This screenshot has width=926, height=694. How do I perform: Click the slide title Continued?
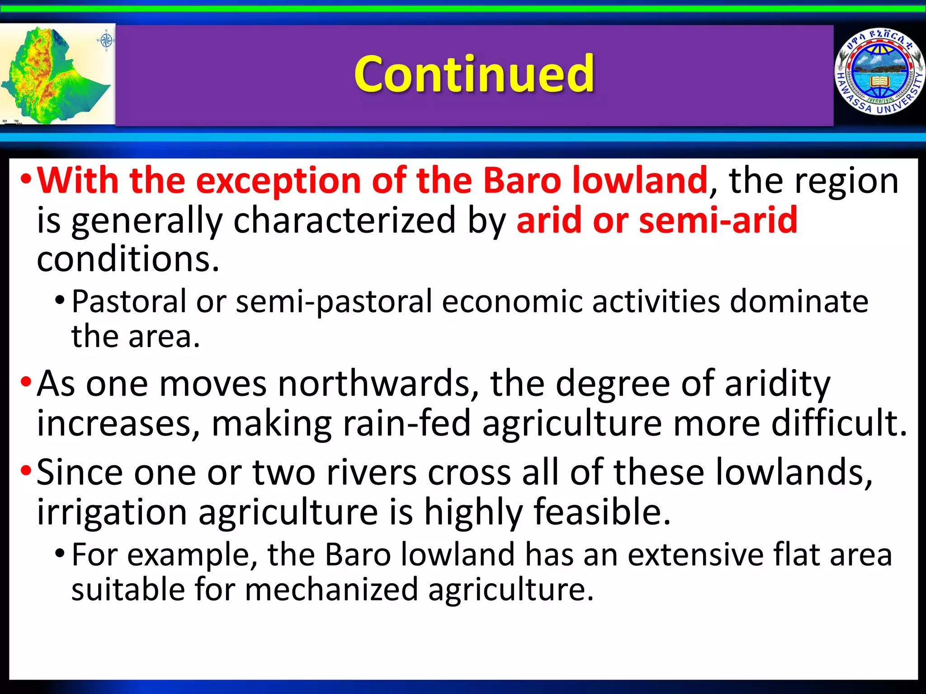point(474,74)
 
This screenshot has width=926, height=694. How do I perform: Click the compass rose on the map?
point(106,41)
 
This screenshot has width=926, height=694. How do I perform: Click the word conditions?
point(128,259)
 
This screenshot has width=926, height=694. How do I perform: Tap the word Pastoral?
point(129,301)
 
